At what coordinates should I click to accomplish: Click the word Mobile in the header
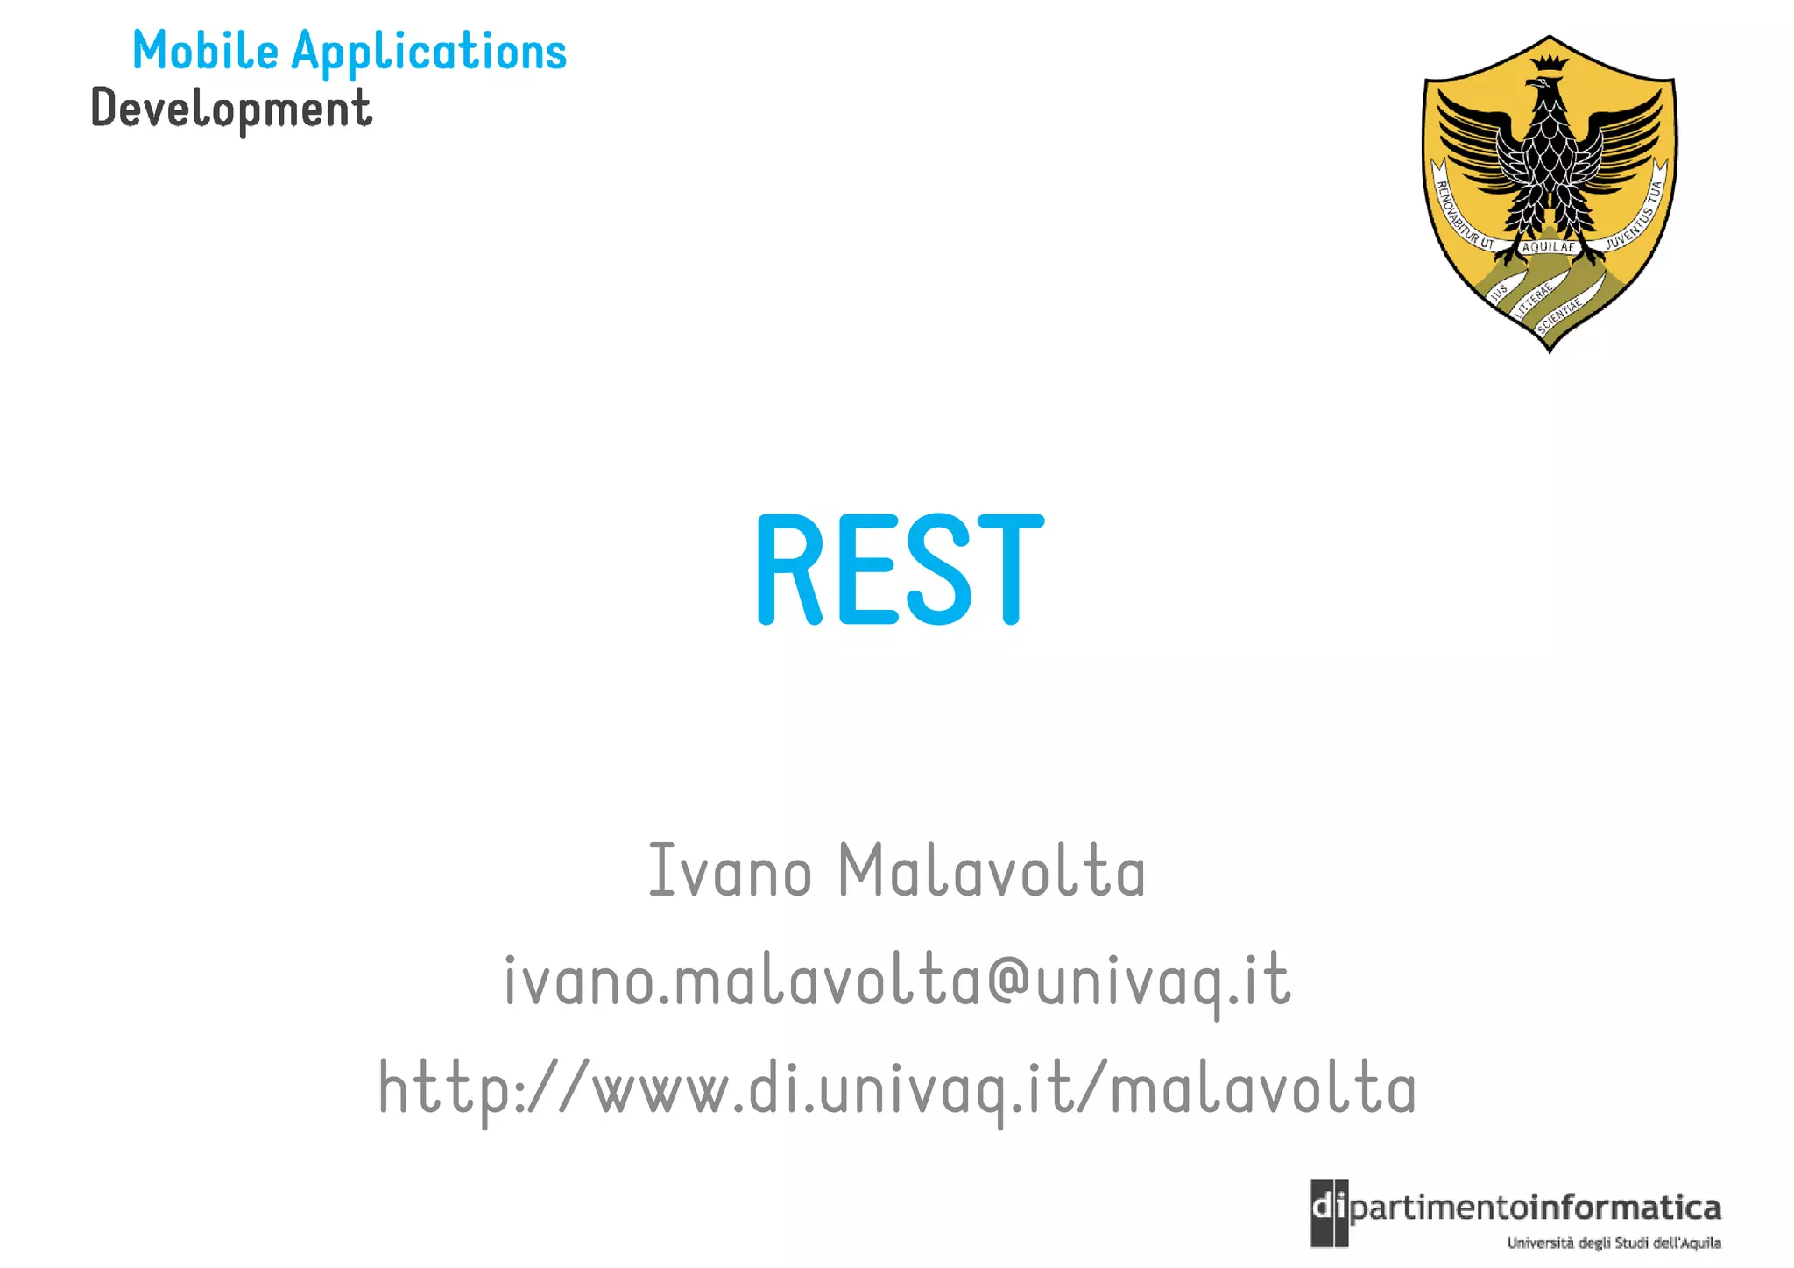pos(205,51)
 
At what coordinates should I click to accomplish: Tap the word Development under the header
pos(231,110)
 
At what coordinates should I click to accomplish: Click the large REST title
pos(900,570)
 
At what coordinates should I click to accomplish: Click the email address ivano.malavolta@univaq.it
pos(897,981)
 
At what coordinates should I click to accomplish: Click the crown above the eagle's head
pos(1550,63)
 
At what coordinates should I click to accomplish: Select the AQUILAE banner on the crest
pos(1549,247)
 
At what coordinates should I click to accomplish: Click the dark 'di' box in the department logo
pos(1329,1213)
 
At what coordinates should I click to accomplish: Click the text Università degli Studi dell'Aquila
pos(1614,1243)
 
